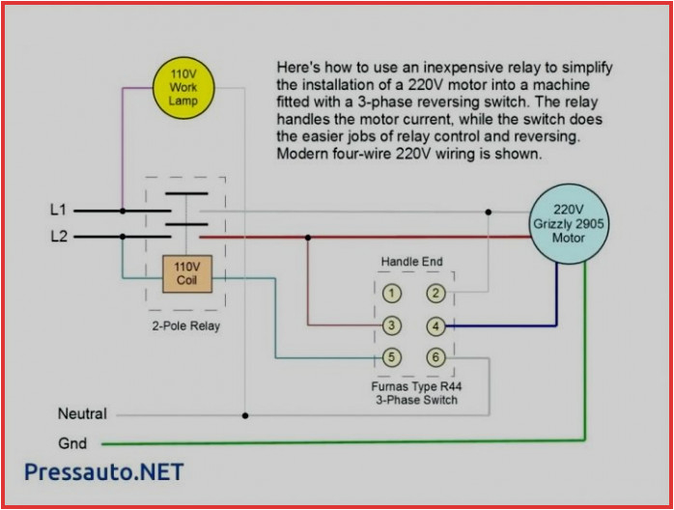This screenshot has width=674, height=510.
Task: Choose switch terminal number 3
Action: coord(391,326)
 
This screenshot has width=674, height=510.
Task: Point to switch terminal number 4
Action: coord(436,326)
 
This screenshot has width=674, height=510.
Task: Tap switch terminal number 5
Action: coord(391,357)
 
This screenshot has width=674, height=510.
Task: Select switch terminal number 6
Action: coord(436,357)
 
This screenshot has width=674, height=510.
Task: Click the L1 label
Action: coord(58,209)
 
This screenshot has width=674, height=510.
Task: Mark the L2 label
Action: coord(58,236)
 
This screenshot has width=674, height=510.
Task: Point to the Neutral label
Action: coord(82,414)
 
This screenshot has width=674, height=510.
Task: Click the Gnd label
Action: coord(72,443)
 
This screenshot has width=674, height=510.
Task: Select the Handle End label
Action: coord(413,262)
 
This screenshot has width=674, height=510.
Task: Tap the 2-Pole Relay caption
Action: coord(186,326)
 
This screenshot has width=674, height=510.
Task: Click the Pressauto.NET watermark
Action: coord(103,472)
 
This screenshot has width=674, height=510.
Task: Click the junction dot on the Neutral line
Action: coord(245,416)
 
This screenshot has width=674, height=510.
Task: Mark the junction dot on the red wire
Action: coord(308,237)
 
